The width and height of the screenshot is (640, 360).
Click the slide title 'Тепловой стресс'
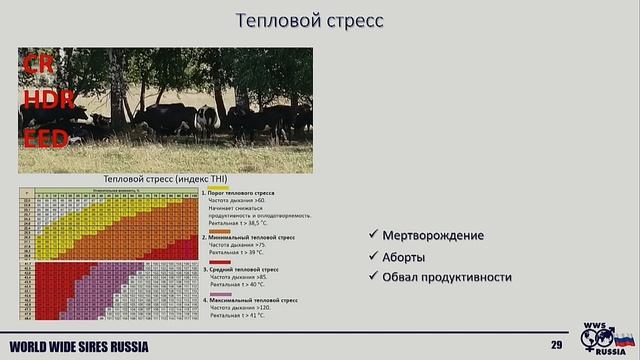[309, 20]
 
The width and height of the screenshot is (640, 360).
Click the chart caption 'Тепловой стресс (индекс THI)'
[166, 178]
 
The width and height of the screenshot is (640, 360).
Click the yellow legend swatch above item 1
[217, 186]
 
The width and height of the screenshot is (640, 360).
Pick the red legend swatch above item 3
[217, 262]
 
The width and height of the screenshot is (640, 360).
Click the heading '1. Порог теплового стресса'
[240, 192]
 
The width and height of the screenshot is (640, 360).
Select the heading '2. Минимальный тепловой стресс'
[249, 238]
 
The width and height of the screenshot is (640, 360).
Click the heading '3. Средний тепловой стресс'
[244, 268]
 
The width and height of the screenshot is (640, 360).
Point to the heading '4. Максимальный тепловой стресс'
[251, 299]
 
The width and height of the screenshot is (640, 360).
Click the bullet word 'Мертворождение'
[433, 236]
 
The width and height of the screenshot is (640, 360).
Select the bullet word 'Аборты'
[404, 256]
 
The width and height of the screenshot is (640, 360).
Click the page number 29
[556, 346]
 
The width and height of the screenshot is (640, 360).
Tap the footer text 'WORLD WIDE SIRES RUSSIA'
[79, 347]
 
